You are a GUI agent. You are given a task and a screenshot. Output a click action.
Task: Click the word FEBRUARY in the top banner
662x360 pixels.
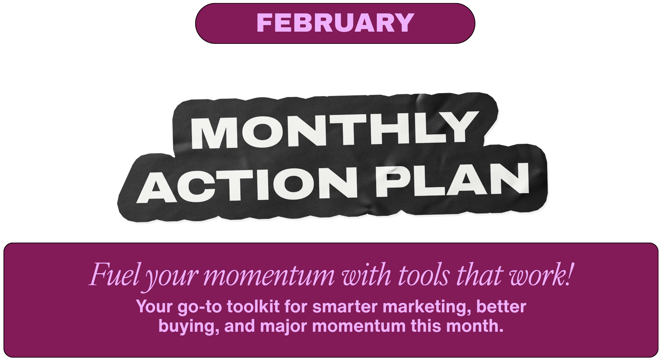tap(335, 23)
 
